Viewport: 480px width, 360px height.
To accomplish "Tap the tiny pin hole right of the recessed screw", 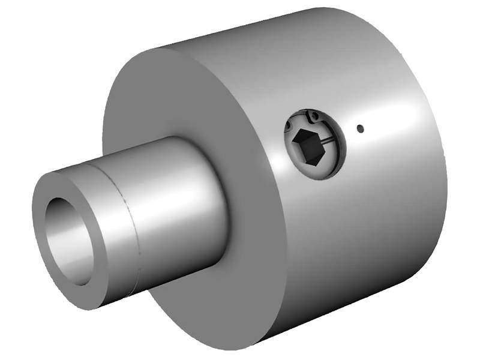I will click(359, 128).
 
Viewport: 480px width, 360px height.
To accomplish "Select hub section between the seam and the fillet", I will click(174, 198).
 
